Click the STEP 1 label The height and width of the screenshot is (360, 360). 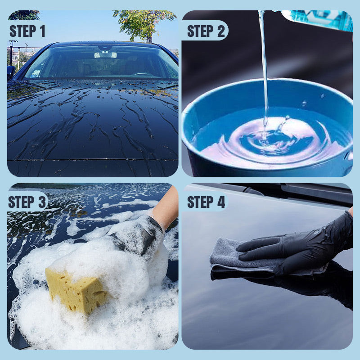point(27,31)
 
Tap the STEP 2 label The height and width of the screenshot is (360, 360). point(205,31)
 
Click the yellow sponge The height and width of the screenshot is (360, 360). point(74,288)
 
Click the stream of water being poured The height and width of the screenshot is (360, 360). point(263,67)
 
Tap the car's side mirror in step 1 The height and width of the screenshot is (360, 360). point(11,71)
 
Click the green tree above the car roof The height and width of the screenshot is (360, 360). point(144,22)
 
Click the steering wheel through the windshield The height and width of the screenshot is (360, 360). point(143,74)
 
